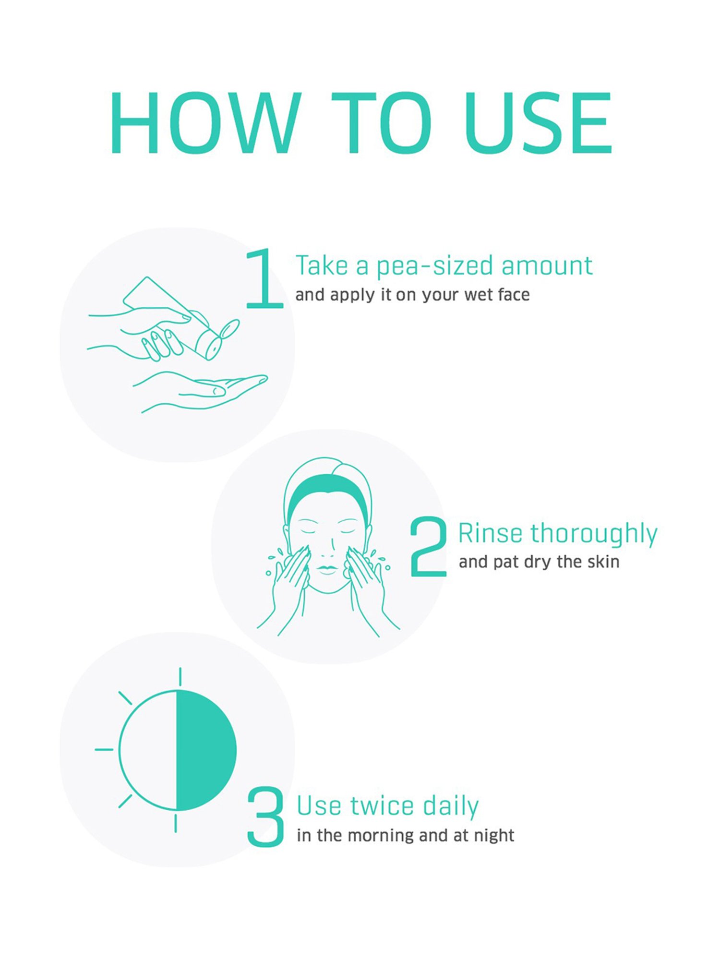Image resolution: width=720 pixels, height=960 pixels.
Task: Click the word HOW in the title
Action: coord(205,123)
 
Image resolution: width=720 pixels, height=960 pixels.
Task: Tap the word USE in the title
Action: coord(539,123)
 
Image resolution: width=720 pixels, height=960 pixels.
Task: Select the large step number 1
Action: coord(264,278)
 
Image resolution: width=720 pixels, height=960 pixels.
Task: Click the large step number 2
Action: coord(429,546)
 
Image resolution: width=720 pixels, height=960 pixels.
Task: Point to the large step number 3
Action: coord(265,816)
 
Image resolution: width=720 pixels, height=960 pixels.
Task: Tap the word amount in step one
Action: coord(547,265)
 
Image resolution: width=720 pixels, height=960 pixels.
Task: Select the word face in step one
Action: coord(514,294)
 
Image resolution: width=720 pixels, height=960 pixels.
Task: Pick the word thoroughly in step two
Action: coord(594,534)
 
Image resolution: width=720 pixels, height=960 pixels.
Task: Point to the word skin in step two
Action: coord(603,561)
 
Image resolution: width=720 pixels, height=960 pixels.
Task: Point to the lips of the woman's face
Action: coord(328,569)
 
